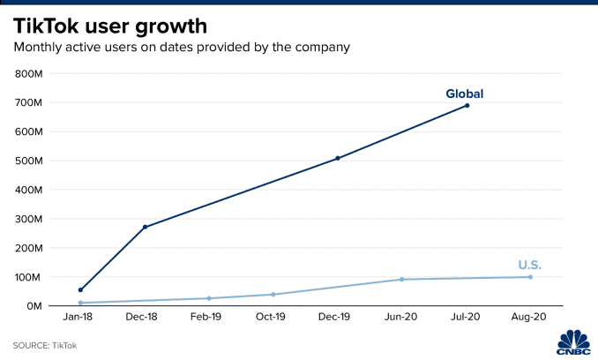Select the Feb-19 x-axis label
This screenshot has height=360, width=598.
[x=209, y=317]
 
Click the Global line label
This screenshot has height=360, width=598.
[x=464, y=94]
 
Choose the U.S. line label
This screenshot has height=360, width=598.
[x=529, y=266]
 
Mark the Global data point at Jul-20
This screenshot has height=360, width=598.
[x=467, y=106]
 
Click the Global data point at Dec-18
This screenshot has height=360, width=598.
[x=145, y=227]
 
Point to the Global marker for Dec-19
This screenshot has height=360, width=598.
[x=338, y=158]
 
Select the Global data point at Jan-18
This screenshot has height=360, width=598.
[x=80, y=289]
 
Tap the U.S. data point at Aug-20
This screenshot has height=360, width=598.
[x=530, y=277]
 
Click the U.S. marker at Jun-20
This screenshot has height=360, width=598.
[x=402, y=280]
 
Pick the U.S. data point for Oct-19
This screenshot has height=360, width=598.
[x=273, y=295]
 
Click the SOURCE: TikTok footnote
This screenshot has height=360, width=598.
[x=44, y=345]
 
